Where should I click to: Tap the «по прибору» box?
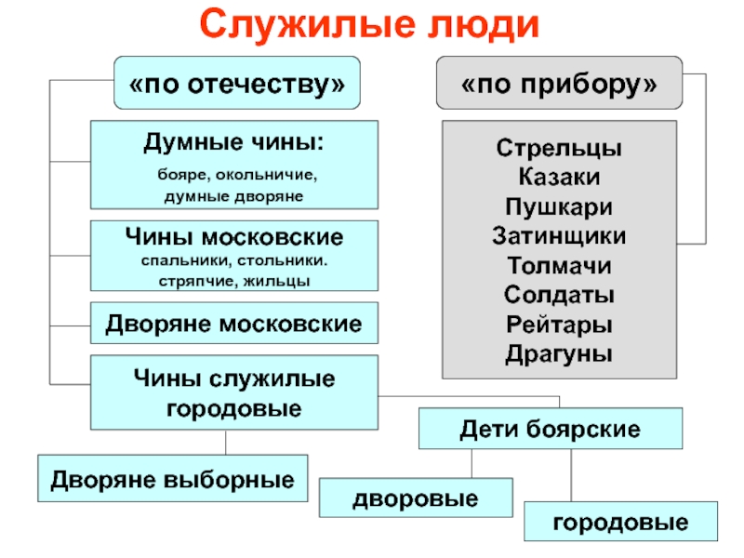[x=558, y=85]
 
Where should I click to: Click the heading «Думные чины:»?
[x=233, y=142]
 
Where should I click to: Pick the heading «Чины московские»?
[x=233, y=236]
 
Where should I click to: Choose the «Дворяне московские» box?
[x=233, y=325]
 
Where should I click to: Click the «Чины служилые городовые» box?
[x=233, y=393]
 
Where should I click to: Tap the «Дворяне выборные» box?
[x=172, y=479]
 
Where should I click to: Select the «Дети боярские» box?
[x=551, y=431]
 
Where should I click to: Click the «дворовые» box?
[x=416, y=499]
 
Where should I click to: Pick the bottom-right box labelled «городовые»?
[x=620, y=522]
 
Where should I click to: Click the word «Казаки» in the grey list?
[x=559, y=178]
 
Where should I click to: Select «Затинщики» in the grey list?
[x=559, y=235]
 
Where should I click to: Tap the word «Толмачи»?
[x=559, y=265]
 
